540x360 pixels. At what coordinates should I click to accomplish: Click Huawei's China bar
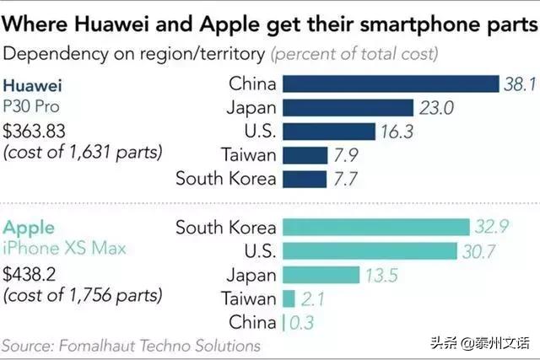coord(391,83)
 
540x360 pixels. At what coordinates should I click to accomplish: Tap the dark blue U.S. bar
coord(328,132)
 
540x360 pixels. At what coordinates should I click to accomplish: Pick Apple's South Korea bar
coord(375,227)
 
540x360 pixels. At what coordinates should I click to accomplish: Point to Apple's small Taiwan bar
coord(289,298)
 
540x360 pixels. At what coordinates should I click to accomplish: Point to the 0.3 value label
coord(303,323)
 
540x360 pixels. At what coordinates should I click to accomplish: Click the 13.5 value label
coord(380,275)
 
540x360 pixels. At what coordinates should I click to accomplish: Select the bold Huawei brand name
coord(34,85)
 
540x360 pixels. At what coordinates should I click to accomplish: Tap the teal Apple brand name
coord(30,228)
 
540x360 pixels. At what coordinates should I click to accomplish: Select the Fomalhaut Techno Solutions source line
coord(131,346)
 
